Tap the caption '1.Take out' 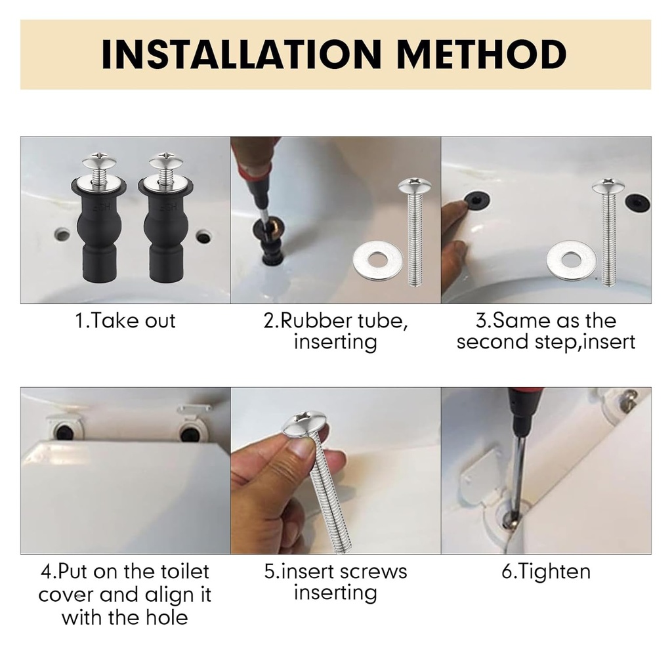125,321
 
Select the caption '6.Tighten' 546,571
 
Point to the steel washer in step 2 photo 377,259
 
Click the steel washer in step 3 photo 571,260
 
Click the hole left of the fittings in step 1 62,233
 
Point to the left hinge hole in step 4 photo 64,432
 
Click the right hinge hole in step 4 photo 190,432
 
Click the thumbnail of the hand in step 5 303,448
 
